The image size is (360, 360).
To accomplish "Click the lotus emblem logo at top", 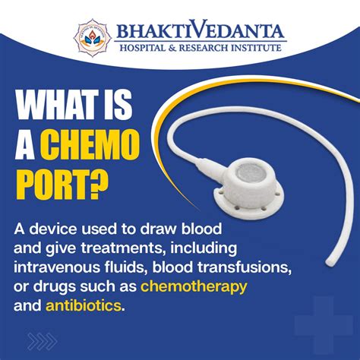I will coord(94,35).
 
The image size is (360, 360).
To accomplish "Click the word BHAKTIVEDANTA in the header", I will coord(201,31).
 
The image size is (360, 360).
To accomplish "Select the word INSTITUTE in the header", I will coord(254,49).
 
